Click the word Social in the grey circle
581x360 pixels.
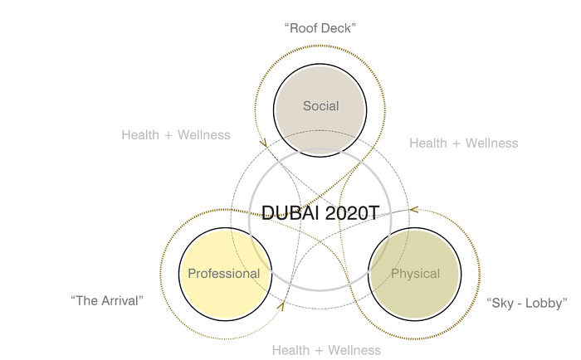click(x=320, y=105)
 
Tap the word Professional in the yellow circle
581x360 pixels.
click(x=223, y=274)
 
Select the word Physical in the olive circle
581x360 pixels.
click(x=415, y=274)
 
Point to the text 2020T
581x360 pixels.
click(x=349, y=212)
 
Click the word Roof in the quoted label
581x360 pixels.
click(x=304, y=28)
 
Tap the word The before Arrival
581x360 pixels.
click(x=87, y=299)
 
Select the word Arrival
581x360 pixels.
click(x=121, y=299)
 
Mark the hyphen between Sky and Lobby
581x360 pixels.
click(x=521, y=302)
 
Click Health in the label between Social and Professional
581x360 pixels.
click(x=141, y=134)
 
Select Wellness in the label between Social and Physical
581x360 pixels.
click(x=488, y=143)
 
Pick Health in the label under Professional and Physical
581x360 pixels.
click(x=291, y=351)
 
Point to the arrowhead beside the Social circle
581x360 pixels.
click(x=263, y=143)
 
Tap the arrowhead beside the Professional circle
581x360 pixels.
click(x=280, y=306)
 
